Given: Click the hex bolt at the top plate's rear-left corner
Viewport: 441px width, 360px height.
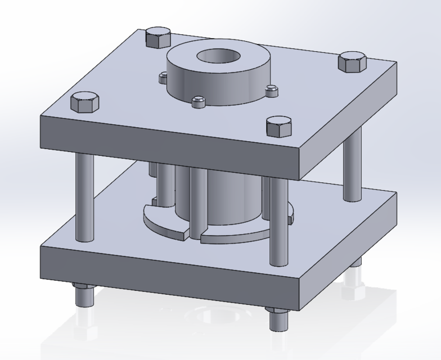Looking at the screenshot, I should pyautogui.click(x=157, y=38).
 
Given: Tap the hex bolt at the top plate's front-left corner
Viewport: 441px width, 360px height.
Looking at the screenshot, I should pyautogui.click(x=84, y=103).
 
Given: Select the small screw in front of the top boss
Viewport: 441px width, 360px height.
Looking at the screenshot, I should pyautogui.click(x=197, y=101).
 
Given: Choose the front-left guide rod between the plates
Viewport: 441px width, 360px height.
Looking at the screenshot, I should pyautogui.click(x=84, y=197).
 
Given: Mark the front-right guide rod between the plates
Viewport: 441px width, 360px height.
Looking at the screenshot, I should pyautogui.click(x=277, y=222).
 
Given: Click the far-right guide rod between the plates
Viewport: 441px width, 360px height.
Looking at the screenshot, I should pyautogui.click(x=352, y=166).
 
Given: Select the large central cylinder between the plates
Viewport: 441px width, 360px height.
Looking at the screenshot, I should pyautogui.click(x=231, y=197).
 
